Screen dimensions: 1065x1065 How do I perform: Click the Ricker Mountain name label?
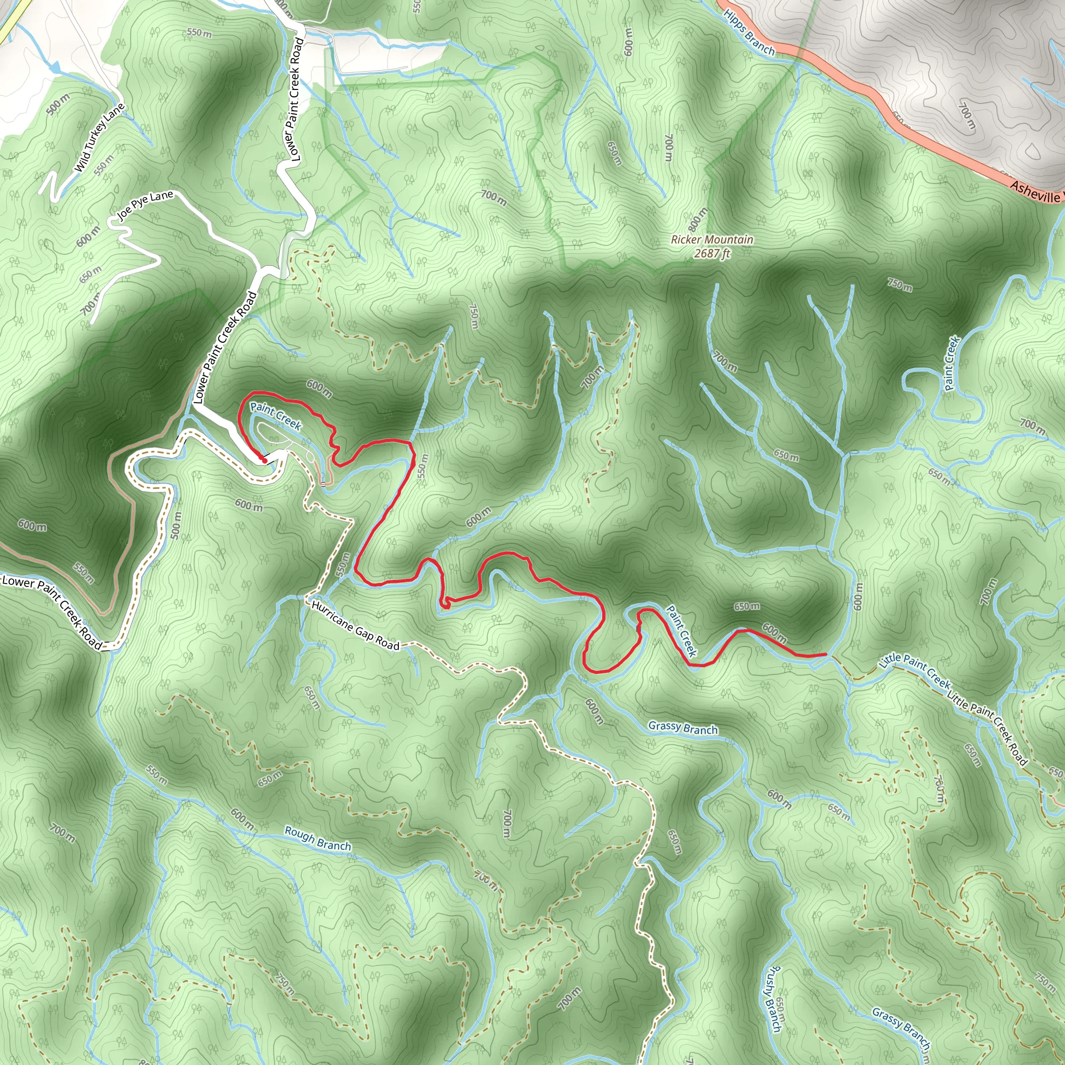[x=712, y=239]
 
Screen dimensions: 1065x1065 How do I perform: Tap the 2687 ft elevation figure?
[x=712, y=254]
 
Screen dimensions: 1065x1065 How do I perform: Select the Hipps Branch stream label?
[x=749, y=33]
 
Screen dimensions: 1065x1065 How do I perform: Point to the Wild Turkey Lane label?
[x=100, y=137]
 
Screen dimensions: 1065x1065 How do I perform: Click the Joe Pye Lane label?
[x=146, y=204]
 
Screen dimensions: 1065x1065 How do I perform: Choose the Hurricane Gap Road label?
[x=355, y=625]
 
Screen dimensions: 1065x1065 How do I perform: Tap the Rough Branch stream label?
[x=318, y=838]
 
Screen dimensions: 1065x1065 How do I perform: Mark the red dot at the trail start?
[x=264, y=460]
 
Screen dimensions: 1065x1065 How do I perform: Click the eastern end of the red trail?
[x=825, y=654]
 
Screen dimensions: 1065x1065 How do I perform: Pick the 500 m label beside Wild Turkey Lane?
[x=58, y=105]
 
